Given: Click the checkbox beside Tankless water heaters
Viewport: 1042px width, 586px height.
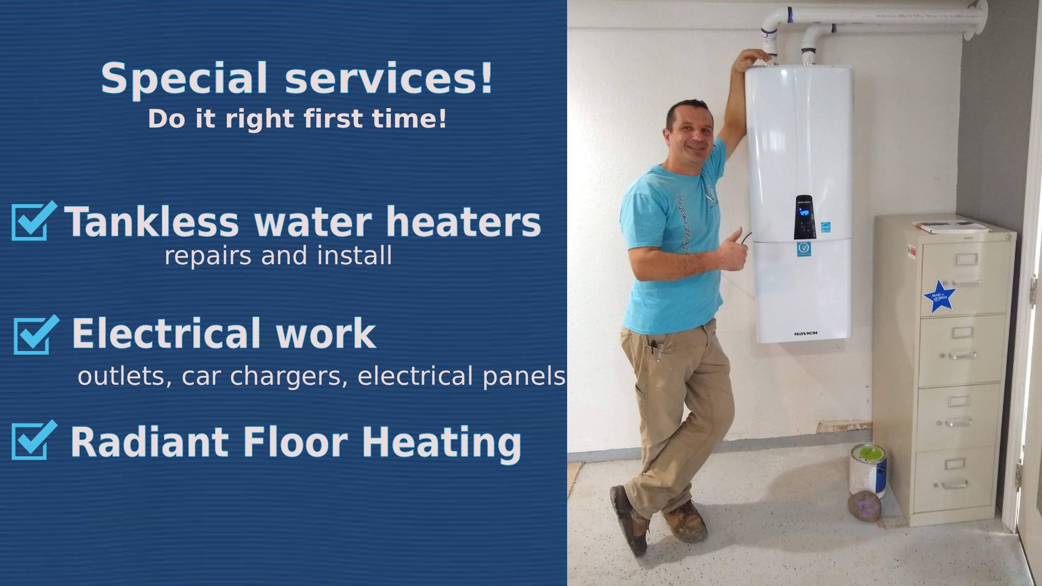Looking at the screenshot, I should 32,221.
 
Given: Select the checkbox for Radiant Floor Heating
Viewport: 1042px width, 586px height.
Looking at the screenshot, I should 32,441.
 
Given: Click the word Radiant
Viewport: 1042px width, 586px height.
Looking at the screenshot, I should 149,442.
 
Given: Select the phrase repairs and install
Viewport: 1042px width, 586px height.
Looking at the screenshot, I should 278,256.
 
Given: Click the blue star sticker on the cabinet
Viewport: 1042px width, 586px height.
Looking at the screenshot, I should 938,297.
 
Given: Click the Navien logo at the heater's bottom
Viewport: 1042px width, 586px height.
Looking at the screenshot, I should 805,333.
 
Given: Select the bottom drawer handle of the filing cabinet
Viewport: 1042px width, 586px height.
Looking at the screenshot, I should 955,483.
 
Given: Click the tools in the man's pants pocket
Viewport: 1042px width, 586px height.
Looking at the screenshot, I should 658,350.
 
